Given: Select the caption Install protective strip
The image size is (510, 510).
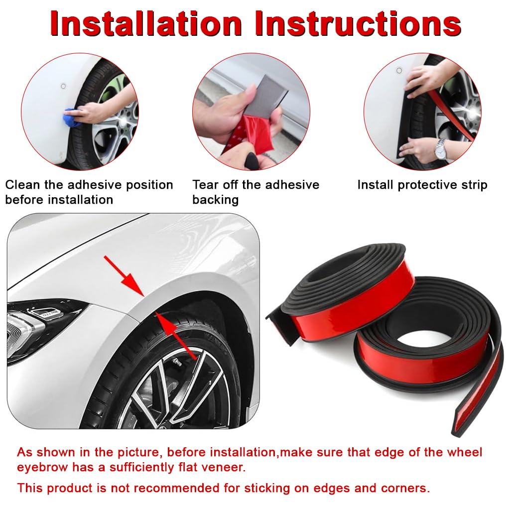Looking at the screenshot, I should [422, 185].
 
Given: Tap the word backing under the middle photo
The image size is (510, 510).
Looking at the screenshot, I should [215, 200].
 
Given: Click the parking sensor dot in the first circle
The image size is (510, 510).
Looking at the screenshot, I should [63, 86].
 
